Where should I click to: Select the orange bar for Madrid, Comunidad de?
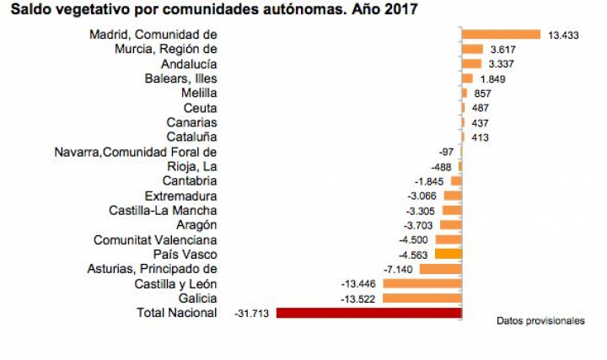501,35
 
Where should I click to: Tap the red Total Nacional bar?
369,313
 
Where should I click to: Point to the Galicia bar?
422,298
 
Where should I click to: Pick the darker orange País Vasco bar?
448,254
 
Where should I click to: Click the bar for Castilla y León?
422,284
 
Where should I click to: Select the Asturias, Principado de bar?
440,269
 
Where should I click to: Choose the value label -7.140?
397,269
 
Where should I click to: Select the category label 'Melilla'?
199,93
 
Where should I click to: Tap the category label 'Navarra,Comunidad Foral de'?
135,152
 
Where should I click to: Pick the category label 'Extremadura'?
180,196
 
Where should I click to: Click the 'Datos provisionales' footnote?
540,321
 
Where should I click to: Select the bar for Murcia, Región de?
472,50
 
